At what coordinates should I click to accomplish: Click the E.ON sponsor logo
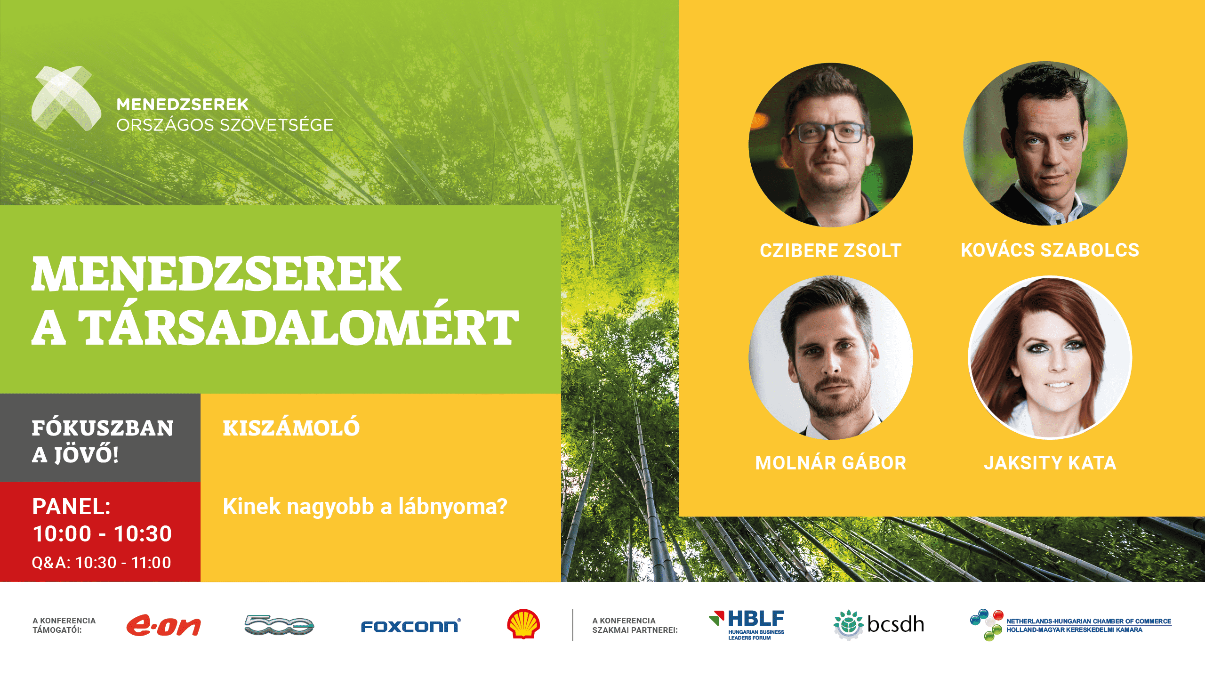164,625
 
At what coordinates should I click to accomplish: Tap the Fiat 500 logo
279,625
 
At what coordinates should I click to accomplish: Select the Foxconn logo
410,626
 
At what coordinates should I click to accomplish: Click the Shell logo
523,624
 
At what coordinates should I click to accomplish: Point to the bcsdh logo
878,624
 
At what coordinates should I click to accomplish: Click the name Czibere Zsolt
831,250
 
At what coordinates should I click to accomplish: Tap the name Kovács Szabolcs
1050,250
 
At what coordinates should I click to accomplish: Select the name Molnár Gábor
831,463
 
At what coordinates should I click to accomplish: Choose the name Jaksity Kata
1050,463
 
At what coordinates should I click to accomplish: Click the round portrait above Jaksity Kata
1050,357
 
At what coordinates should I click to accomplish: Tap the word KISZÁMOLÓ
291,427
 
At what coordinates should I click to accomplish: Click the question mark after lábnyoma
501,507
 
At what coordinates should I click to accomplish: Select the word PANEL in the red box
69,507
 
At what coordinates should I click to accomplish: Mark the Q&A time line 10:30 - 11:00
123,563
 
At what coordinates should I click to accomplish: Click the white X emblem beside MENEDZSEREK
66,98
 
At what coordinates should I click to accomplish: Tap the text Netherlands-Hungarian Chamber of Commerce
1089,621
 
